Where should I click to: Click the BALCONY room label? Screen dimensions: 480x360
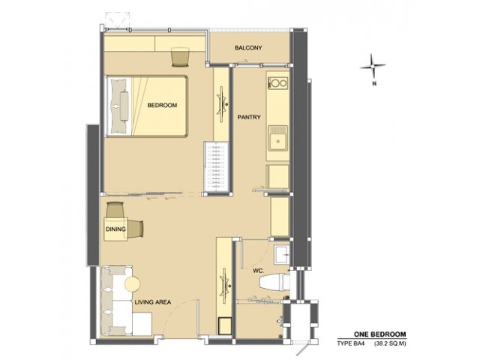[x=248, y=48]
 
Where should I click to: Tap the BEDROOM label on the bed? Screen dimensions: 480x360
[x=162, y=105]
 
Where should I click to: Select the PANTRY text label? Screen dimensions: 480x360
[x=249, y=117]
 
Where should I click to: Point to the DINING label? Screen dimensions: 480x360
[x=115, y=229]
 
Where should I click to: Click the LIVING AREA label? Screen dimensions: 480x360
[x=153, y=302]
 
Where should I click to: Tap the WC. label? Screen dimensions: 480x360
[x=258, y=271]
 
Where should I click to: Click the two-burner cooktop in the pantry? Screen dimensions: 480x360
[x=278, y=83]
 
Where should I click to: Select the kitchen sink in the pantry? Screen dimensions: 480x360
[x=278, y=138]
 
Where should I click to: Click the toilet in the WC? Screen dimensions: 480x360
[x=274, y=282]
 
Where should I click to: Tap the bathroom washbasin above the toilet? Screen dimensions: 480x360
[x=282, y=254]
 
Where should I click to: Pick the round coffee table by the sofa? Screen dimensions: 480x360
[x=133, y=283]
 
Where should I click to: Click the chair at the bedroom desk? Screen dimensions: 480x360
[x=180, y=57]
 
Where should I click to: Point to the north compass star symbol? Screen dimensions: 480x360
[x=373, y=65]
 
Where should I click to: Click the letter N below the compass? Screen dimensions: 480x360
[x=373, y=83]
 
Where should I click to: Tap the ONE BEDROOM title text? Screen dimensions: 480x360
[x=380, y=334]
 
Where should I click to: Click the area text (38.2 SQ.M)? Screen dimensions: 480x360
[x=390, y=343]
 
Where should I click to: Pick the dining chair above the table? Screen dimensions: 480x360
[x=115, y=210]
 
